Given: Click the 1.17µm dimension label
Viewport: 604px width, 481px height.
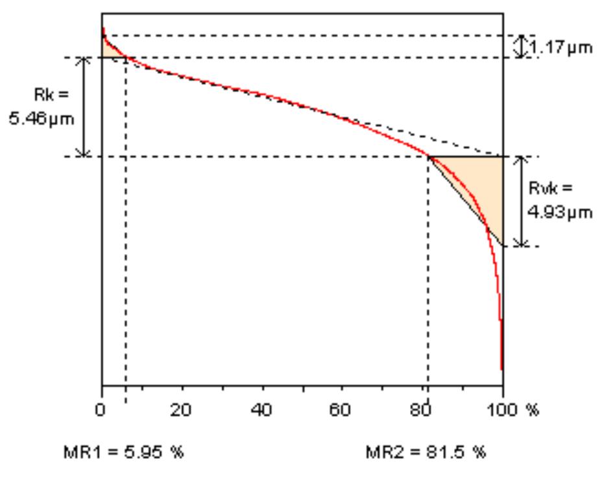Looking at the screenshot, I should [562, 48].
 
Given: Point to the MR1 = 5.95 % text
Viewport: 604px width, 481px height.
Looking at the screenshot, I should [123, 451].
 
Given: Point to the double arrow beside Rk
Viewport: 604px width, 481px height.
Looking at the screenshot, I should [83, 106].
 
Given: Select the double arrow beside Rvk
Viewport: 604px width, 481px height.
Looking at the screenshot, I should [519, 200].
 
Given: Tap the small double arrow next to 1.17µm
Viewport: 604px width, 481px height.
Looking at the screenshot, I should [520, 46].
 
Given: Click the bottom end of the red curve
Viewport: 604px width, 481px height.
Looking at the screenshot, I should [501, 368].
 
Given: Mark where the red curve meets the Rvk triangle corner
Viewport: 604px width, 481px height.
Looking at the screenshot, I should [429, 156].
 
